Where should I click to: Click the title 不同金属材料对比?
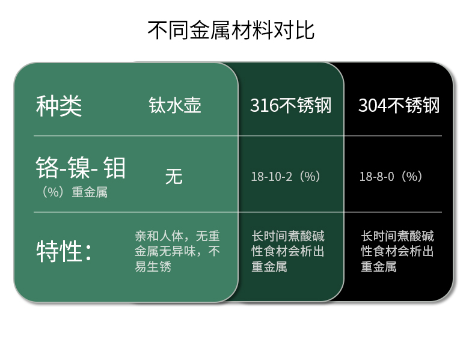pyautogui.click(x=231, y=30)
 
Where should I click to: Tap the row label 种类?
pyautogui.click(x=59, y=106)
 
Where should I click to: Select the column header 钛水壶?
pyautogui.click(x=175, y=105)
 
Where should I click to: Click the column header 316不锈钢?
pyautogui.click(x=291, y=105)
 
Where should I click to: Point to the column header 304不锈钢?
pyautogui.click(x=399, y=105)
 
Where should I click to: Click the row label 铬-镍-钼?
pyautogui.click(x=81, y=168)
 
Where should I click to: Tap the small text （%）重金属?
pyautogui.click(x=73, y=192)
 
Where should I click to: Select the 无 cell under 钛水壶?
pyautogui.click(x=174, y=176)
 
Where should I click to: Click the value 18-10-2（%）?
pyautogui.click(x=286, y=176)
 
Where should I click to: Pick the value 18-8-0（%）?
pyautogui.click(x=390, y=176)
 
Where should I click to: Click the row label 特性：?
pyautogui.click(x=64, y=251)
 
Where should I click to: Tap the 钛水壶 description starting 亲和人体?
pyautogui.click(x=177, y=251)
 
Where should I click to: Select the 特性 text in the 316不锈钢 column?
pyautogui.click(x=288, y=251)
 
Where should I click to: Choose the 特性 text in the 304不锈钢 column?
pyautogui.click(x=397, y=251)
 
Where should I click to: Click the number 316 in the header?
pyautogui.click(x=264, y=106)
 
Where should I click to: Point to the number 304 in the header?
pyautogui.click(x=372, y=106)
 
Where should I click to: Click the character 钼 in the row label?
pyautogui.click(x=114, y=168)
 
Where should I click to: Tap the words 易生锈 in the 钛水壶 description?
pyautogui.click(x=153, y=267)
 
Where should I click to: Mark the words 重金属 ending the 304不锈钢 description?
pyautogui.click(x=379, y=267)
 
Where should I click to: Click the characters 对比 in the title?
pyautogui.click(x=294, y=30)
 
